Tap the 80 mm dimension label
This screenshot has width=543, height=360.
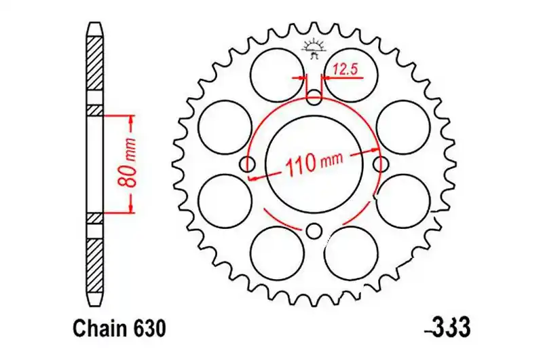tap(126, 163)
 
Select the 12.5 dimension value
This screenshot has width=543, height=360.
tap(345, 70)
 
